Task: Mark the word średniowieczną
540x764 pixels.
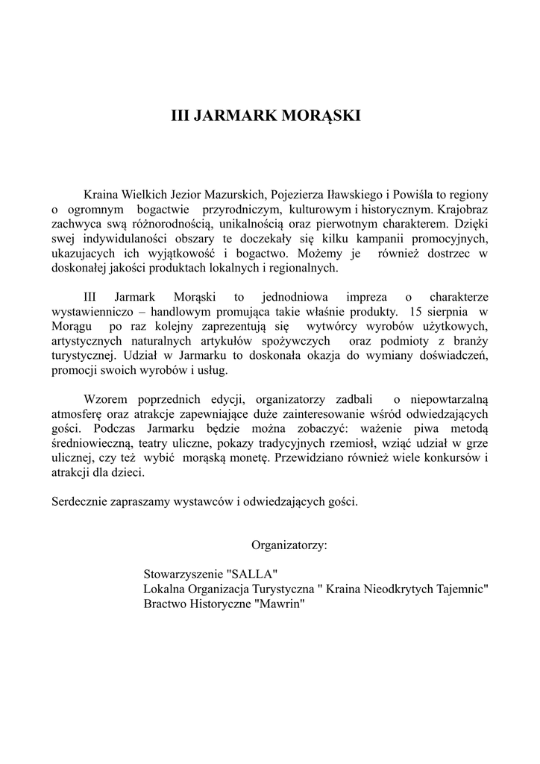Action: coord(92,443)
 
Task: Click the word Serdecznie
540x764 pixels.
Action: coord(81,501)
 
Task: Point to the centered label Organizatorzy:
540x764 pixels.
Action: coord(289,545)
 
